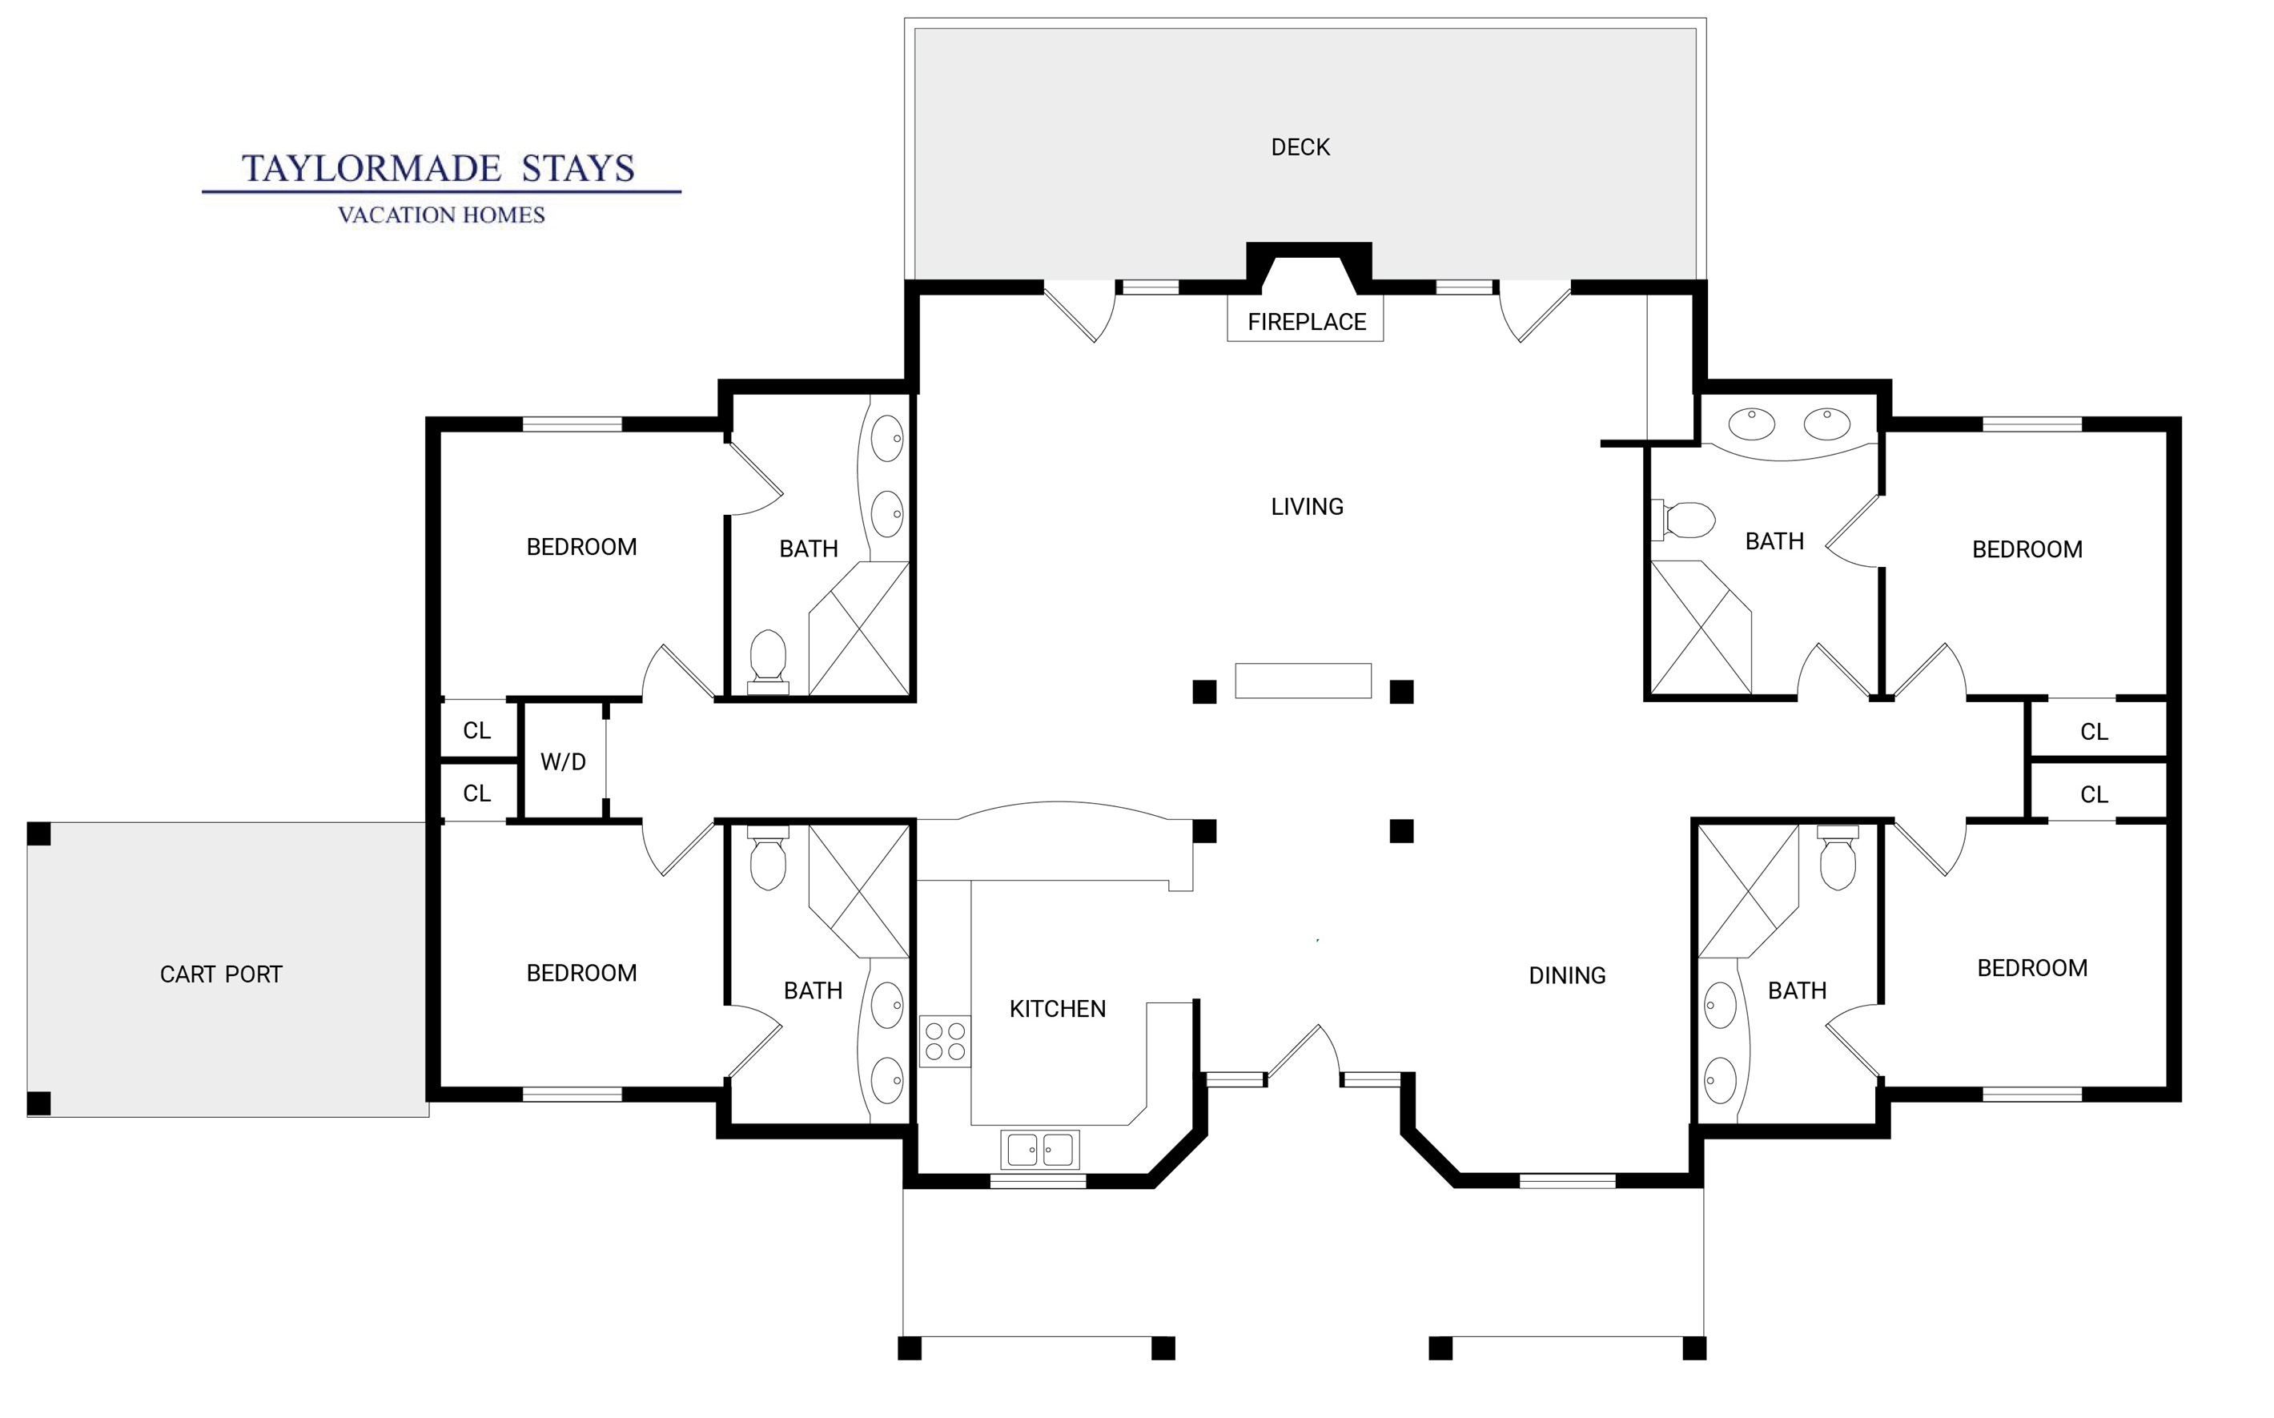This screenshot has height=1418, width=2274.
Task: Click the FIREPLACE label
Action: click(x=1306, y=322)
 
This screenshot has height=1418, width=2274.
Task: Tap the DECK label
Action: click(x=1300, y=147)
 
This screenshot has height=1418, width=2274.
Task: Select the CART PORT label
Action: click(x=220, y=974)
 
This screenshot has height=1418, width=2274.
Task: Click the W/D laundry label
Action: click(x=563, y=761)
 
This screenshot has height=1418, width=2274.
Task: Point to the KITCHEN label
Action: click(x=1057, y=1009)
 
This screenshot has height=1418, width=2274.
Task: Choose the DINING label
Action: click(x=1567, y=975)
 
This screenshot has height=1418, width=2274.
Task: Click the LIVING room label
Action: click(x=1308, y=506)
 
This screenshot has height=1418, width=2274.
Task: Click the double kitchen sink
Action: click(x=1040, y=1149)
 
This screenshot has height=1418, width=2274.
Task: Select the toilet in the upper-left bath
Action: click(x=767, y=661)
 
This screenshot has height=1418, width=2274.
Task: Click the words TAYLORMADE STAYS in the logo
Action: click(x=439, y=169)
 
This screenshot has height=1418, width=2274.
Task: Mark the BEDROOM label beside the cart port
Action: click(x=581, y=974)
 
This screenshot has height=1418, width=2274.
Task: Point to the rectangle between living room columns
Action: click(x=1303, y=681)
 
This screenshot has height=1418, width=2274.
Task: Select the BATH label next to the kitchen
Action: click(x=813, y=990)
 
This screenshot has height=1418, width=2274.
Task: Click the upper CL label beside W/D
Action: click(x=476, y=730)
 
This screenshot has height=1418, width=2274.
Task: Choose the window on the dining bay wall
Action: click(x=1567, y=1181)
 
